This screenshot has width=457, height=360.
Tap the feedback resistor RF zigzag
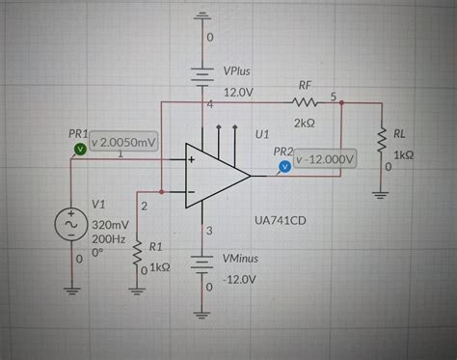click(x=307, y=100)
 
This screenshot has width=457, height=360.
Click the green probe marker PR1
click(x=79, y=148)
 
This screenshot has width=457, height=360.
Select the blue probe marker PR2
click(x=283, y=167)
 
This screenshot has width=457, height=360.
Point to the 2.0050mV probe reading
click(x=122, y=143)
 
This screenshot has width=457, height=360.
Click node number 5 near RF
click(x=334, y=97)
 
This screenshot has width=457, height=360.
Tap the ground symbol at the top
click(x=202, y=15)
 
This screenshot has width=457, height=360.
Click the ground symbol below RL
click(x=384, y=189)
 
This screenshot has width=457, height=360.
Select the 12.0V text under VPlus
click(x=238, y=92)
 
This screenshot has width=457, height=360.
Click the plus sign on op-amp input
click(x=191, y=160)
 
